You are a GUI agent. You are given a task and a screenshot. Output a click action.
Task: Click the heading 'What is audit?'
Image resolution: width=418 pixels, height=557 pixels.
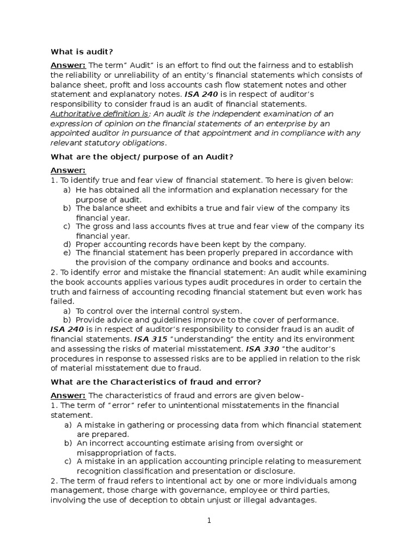coord(82,52)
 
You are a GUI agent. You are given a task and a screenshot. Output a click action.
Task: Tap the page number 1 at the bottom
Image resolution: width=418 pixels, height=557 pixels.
coord(208,520)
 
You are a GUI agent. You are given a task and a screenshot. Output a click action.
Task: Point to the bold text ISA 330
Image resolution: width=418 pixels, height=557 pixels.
coord(263,348)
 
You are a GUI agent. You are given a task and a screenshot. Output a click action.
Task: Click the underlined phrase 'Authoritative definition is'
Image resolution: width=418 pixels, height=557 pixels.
coord(99,114)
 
